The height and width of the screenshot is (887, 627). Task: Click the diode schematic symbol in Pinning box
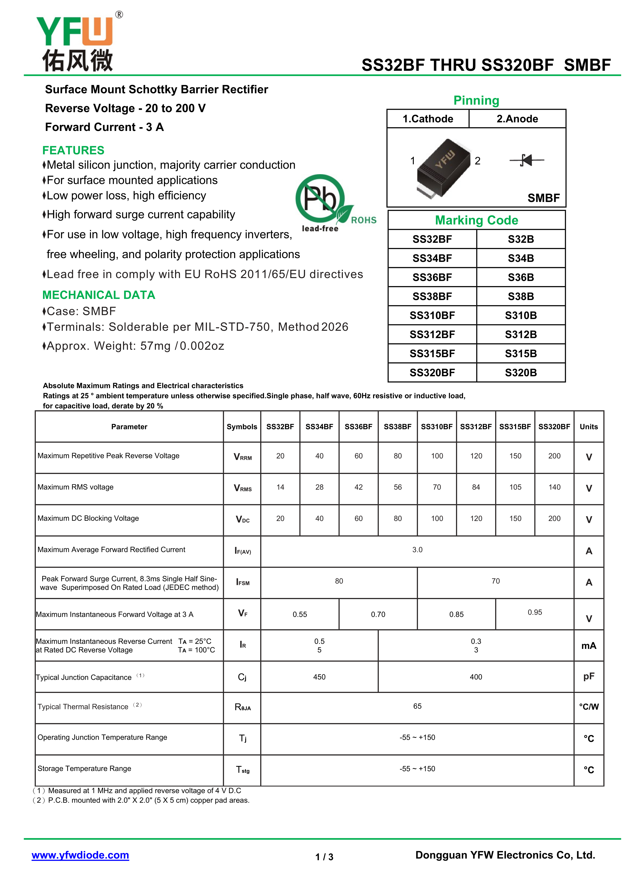pos(527,160)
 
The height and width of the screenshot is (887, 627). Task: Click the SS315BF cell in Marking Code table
pos(432,353)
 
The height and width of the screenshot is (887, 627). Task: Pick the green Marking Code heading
pos(476,220)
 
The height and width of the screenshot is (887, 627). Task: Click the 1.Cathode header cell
pos(428,119)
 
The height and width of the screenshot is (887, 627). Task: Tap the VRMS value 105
pos(515,487)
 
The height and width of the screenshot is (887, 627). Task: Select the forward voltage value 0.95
pos(535,612)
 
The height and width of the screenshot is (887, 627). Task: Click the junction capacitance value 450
pos(319,677)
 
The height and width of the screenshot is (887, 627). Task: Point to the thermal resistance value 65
pos(417,706)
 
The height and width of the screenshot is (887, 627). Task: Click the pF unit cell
pos(588,676)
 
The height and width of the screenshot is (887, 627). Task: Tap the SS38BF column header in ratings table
pos(397,427)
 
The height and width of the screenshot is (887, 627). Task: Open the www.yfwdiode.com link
pos(80,855)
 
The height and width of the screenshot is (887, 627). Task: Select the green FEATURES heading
pos(73,150)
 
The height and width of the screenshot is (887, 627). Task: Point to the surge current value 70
pos(495,581)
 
